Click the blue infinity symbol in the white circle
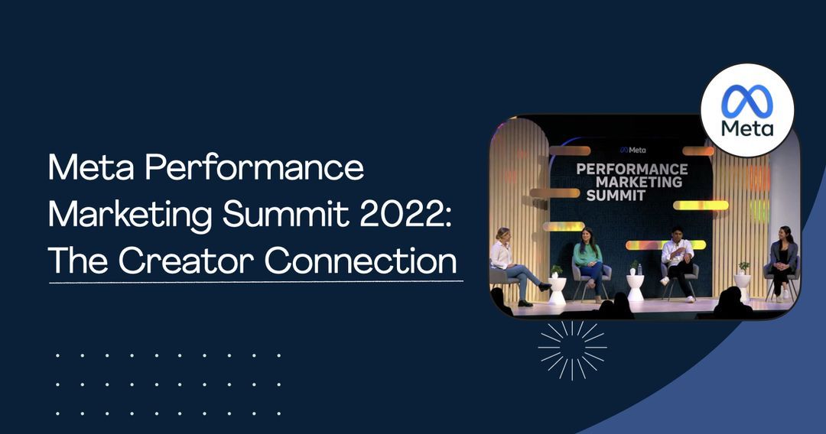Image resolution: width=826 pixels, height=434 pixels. point(747,101)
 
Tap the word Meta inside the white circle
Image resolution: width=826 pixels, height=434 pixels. point(747,127)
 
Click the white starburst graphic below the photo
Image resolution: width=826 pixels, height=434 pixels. point(572,349)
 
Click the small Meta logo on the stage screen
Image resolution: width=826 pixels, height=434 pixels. point(633,150)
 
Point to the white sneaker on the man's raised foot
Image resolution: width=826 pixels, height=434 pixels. point(664,281)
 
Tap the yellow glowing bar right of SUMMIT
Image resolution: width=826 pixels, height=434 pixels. point(701,205)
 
